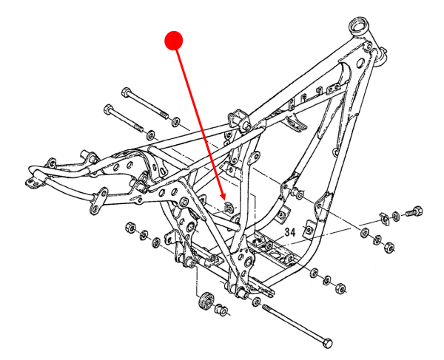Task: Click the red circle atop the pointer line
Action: tap(173, 40)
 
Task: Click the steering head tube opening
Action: tap(362, 23)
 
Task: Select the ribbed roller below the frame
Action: tap(206, 302)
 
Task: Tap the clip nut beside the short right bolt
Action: tap(383, 216)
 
